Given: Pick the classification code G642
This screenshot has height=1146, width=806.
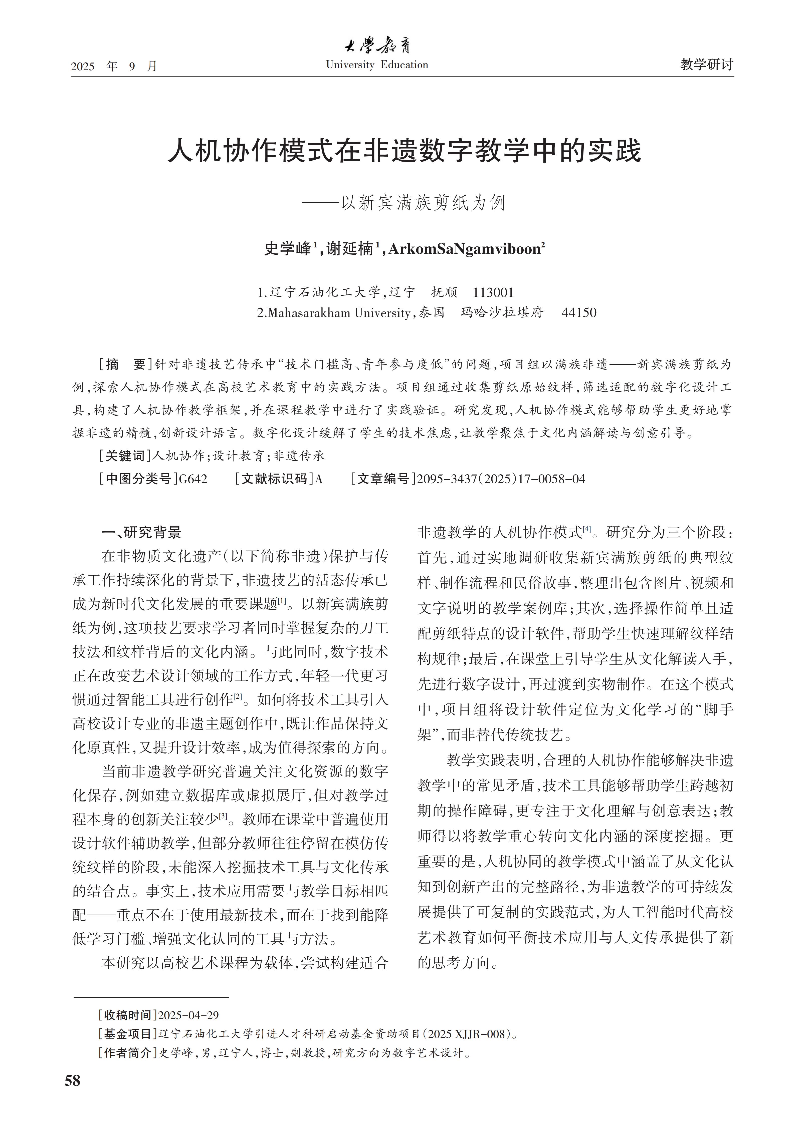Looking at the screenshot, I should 193,479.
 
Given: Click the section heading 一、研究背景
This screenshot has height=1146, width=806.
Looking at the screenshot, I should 141,533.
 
